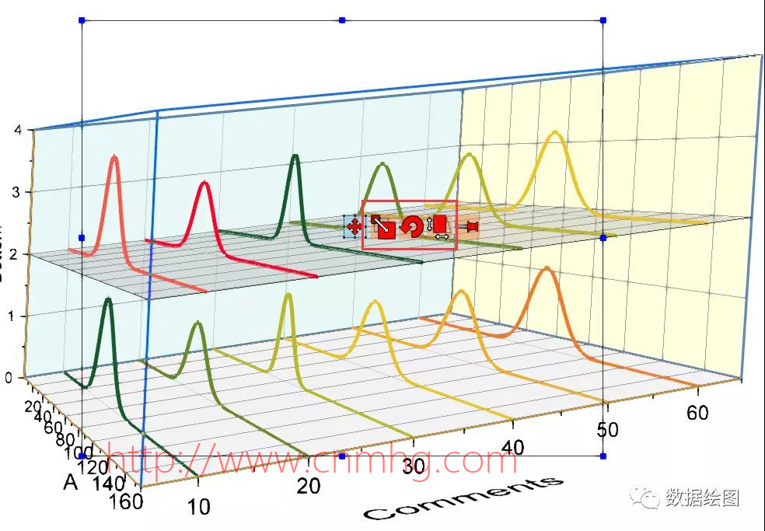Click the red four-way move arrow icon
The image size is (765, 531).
tap(354, 227)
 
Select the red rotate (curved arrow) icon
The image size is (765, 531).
tap(412, 227)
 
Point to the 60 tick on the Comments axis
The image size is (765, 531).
tap(697, 412)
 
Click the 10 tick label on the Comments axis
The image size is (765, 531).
tap(199, 507)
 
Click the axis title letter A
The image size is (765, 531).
tap(71, 484)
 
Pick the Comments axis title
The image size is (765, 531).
tap(464, 498)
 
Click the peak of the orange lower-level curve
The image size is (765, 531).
tap(547, 269)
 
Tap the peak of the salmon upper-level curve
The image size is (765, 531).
tap(115, 157)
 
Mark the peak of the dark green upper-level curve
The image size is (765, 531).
tap(295, 156)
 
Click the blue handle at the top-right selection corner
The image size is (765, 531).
tap(603, 19)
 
